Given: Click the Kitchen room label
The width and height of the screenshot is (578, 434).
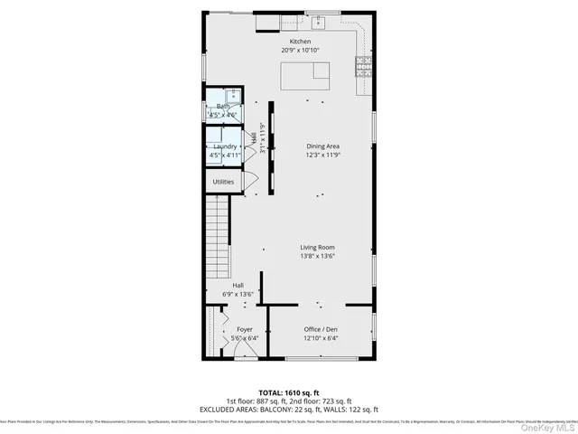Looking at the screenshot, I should [x=300, y=42].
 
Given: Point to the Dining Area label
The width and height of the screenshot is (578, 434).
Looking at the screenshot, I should [x=322, y=146].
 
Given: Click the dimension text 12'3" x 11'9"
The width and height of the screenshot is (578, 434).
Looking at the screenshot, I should [x=322, y=155].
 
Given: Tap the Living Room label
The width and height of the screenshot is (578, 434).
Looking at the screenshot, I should [x=318, y=247].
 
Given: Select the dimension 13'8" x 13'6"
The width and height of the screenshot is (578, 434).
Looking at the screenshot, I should [x=318, y=256].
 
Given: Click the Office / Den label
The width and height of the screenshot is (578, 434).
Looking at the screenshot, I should [x=322, y=330].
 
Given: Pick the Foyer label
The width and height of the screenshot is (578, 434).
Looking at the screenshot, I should [x=245, y=330].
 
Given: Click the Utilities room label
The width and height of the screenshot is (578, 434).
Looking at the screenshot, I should [x=223, y=182].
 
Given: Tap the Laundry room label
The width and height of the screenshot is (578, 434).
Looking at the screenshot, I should [x=225, y=146].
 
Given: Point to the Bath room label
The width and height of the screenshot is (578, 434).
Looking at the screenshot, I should [x=223, y=107].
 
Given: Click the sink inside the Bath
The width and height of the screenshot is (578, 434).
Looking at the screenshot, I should [x=231, y=97].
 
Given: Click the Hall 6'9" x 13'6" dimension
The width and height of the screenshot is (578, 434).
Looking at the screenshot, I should [x=238, y=294].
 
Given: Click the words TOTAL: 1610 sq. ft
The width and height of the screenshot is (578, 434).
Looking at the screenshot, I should [x=289, y=393].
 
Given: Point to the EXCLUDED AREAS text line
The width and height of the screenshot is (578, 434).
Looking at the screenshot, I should [x=289, y=410].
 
